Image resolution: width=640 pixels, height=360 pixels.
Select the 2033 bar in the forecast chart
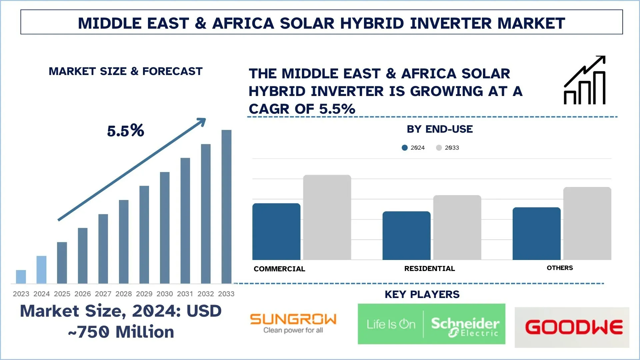pyautogui.click(x=226, y=207)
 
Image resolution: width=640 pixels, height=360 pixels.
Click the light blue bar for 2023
pyautogui.click(x=21, y=277)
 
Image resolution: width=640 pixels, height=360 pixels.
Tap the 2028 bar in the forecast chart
pyautogui.click(x=124, y=242)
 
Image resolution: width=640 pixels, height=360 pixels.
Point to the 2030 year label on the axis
pyautogui.click(x=165, y=294)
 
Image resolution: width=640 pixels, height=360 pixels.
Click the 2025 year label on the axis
pyautogui.click(x=62, y=294)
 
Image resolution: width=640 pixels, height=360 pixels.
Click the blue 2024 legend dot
pyautogui.click(x=405, y=148)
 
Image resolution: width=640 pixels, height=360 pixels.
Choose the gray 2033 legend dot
pyautogui.click(x=439, y=148)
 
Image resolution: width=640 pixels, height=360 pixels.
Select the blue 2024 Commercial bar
pyautogui.click(x=276, y=232)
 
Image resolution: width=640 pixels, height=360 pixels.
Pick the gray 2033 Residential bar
pyautogui.click(x=457, y=227)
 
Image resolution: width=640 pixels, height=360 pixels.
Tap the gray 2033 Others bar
pyautogui.click(x=587, y=223)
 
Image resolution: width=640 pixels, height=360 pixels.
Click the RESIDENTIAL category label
pyautogui.click(x=429, y=269)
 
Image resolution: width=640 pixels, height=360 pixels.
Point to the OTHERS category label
pyautogui.click(x=560, y=268)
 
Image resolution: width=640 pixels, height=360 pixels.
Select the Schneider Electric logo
pyautogui.click(x=431, y=324)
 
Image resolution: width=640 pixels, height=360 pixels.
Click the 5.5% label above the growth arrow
pyautogui.click(x=126, y=131)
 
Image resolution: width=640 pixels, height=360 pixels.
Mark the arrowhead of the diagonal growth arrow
pyautogui.click(x=202, y=121)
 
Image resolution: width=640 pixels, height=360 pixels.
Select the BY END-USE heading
pyautogui.click(x=439, y=129)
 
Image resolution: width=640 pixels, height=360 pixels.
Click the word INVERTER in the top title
pyautogui.click(x=451, y=23)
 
